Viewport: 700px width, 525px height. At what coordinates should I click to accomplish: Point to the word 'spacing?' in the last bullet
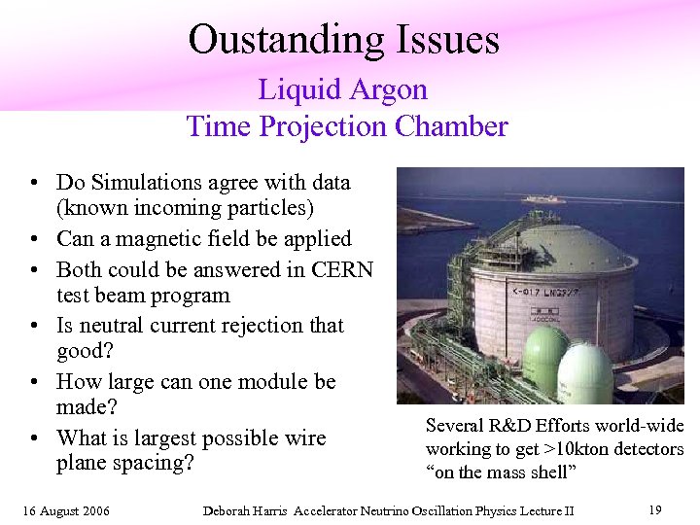tap(153, 462)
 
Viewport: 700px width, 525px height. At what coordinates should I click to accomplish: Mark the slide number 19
tap(654, 509)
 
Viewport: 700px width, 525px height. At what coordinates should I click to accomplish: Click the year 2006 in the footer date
tap(94, 510)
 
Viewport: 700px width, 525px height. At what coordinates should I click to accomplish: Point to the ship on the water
tap(543, 198)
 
